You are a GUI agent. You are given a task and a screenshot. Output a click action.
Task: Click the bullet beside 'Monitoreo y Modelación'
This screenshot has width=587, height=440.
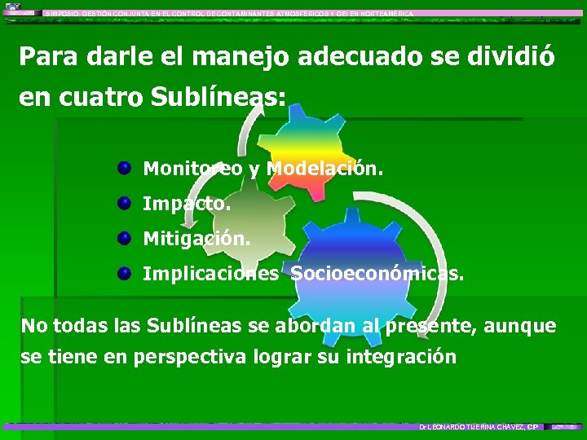point(124,169)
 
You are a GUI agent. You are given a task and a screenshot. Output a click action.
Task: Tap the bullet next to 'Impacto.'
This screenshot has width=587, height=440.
point(124,204)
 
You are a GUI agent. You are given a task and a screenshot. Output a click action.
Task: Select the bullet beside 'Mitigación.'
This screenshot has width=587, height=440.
point(124,239)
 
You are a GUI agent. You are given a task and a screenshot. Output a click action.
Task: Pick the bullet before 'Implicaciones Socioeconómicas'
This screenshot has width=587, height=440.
point(124,274)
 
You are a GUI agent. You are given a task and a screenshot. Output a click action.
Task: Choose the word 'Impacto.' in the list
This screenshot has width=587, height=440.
point(187,204)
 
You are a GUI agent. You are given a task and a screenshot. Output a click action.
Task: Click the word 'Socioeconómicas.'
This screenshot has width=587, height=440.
point(377,274)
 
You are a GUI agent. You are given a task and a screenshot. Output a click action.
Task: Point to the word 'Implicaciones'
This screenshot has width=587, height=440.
point(210,274)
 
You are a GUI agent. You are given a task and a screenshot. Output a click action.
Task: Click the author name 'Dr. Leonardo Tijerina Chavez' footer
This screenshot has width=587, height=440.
point(472,427)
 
